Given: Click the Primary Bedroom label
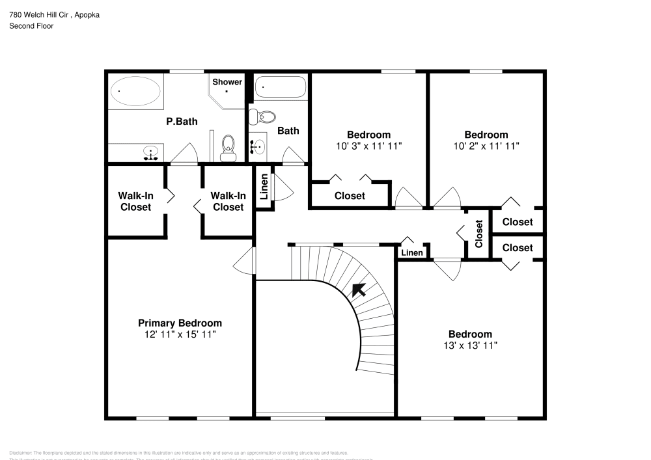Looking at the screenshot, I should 180,323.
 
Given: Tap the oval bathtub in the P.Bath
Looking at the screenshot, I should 136,92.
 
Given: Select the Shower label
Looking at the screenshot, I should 227,82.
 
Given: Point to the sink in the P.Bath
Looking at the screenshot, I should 151,154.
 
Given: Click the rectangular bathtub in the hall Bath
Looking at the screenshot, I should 280,87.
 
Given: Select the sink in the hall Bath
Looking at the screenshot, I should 257,147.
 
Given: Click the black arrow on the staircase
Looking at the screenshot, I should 358,290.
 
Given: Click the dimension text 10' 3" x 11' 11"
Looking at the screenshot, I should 368,146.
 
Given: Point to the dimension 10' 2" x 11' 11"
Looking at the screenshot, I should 486,146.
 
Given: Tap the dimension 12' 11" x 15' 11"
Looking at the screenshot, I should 180,334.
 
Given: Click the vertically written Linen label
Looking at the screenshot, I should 264,187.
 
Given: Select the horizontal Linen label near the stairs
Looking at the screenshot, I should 411,252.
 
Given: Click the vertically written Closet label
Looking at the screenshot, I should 479,234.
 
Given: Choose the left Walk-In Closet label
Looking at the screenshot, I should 135,201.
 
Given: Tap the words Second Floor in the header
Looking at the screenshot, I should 31,26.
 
